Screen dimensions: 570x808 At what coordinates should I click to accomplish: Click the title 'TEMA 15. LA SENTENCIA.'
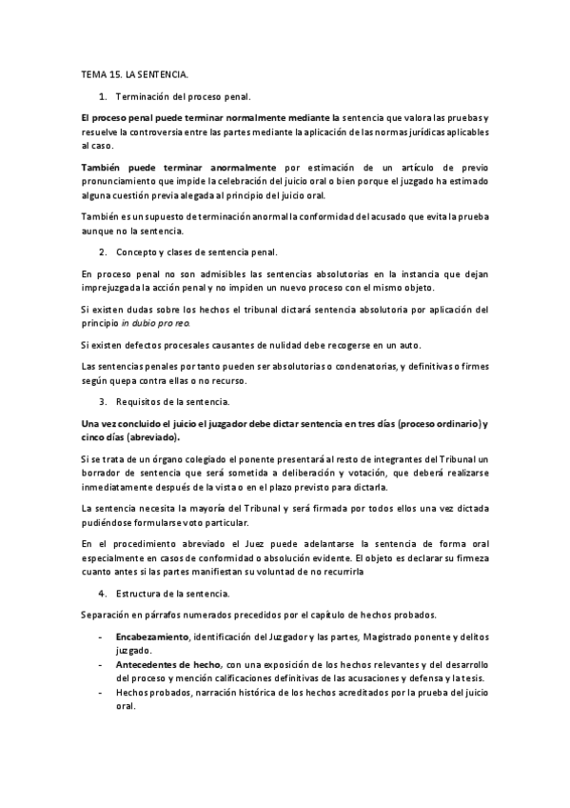(x=134, y=74)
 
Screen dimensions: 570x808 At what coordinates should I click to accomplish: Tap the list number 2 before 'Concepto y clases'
(x=102, y=252)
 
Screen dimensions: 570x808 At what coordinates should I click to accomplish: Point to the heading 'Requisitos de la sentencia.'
(x=175, y=402)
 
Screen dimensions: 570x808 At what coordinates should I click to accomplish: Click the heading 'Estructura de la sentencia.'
(x=174, y=594)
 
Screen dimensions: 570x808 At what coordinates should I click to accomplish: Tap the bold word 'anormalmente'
(x=234, y=168)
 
